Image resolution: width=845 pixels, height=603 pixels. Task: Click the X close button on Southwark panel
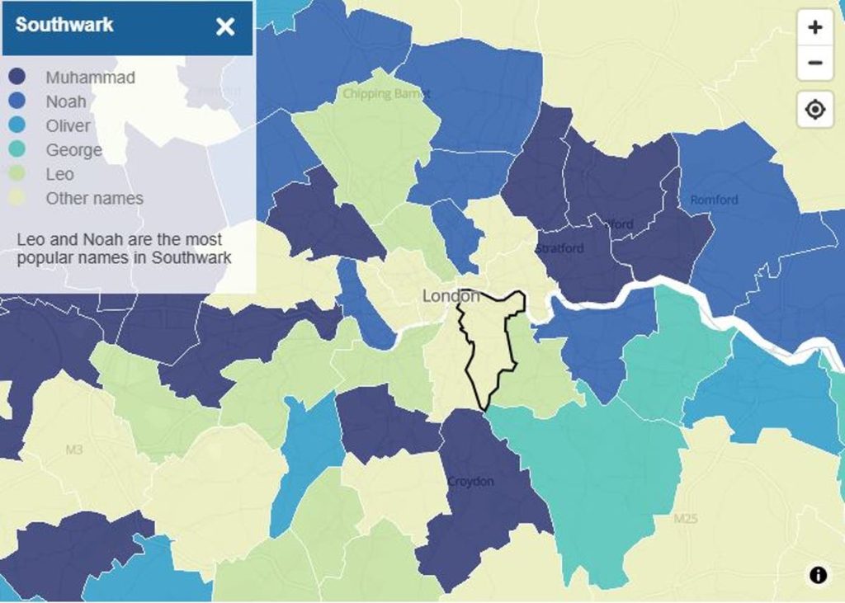click(x=225, y=26)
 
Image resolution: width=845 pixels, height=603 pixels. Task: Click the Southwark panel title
click(x=64, y=25)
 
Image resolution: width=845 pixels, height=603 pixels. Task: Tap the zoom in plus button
click(x=814, y=27)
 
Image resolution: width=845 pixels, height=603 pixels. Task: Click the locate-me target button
click(x=814, y=110)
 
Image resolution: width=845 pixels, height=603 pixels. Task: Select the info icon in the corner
click(x=818, y=575)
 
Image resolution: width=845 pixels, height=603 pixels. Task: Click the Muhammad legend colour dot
click(x=17, y=78)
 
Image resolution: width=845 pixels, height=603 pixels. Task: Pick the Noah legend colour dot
click(x=17, y=101)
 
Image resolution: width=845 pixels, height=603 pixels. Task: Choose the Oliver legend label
click(x=68, y=126)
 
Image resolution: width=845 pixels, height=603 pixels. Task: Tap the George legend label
click(x=73, y=150)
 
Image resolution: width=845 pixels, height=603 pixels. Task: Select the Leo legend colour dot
click(x=17, y=174)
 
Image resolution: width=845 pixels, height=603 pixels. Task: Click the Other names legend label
click(x=94, y=199)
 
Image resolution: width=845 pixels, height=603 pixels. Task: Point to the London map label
click(x=450, y=296)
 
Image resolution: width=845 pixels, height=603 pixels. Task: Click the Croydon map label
click(x=470, y=481)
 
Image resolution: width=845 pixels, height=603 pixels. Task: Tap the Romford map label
click(x=714, y=200)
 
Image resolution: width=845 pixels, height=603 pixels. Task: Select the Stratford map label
click(x=559, y=248)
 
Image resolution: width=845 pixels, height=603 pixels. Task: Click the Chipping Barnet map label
click(x=386, y=94)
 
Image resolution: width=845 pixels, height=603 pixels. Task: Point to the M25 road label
click(x=685, y=519)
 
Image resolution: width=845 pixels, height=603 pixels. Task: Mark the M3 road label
click(x=74, y=450)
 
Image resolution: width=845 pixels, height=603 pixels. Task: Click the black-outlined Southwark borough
click(x=491, y=346)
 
